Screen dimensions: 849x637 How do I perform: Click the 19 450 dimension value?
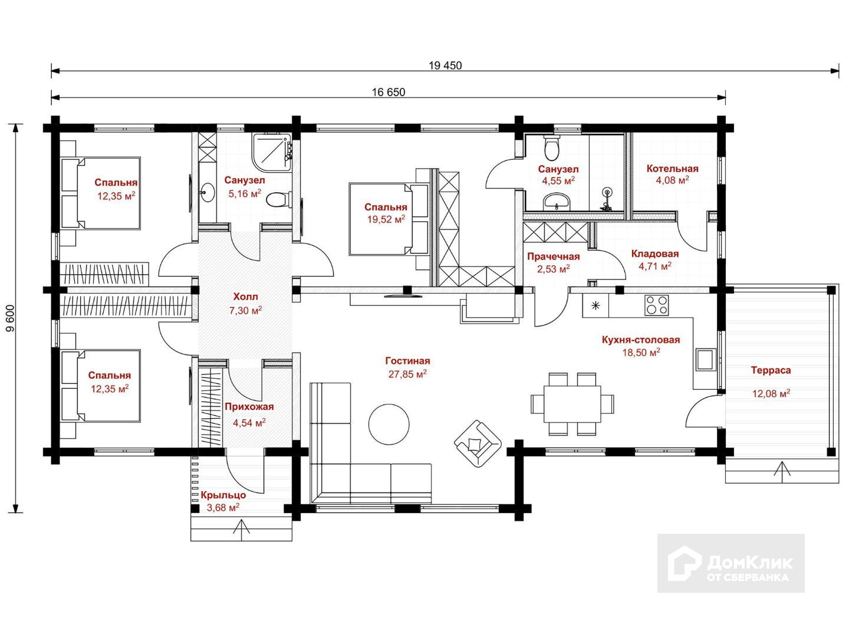click(x=445, y=65)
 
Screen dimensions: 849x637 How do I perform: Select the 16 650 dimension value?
click(x=389, y=92)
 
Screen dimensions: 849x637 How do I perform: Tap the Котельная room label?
click(x=672, y=169)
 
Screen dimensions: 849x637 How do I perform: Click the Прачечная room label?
click(x=553, y=257)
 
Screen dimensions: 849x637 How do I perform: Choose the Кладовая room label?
click(x=654, y=254)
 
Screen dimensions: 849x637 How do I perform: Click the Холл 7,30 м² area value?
click(x=245, y=310)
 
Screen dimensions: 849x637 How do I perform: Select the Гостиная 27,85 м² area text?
click(x=407, y=374)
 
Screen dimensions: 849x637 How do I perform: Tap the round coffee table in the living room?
click(x=389, y=423)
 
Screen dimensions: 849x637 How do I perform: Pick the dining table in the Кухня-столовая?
click(x=572, y=404)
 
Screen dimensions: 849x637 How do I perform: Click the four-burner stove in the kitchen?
click(x=657, y=306)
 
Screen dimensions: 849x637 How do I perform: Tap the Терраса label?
click(x=771, y=370)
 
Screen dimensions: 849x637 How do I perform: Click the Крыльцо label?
click(x=223, y=495)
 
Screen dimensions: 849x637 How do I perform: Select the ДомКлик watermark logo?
click(x=731, y=563)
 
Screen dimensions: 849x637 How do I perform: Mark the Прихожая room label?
click(x=249, y=407)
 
